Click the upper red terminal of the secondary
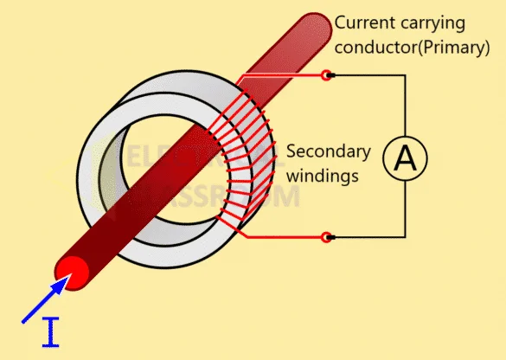(327, 76)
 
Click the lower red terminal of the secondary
(327, 236)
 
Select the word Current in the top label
(364, 22)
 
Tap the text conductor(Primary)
(412, 47)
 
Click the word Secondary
(328, 152)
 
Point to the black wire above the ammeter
(404, 104)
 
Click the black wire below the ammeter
(404, 212)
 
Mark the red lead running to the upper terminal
(285, 76)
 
